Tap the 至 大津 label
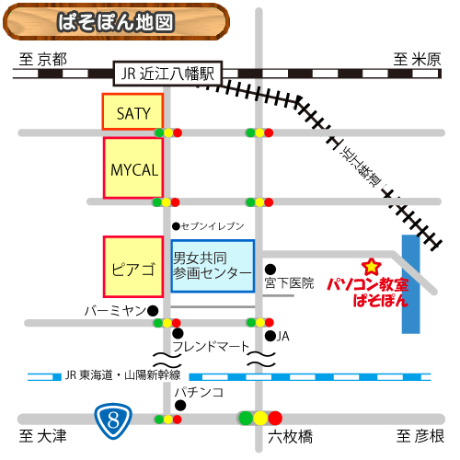point(43,435)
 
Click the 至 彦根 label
point(420,435)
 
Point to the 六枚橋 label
point(290,436)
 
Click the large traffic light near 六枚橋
point(260,419)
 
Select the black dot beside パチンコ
point(181,404)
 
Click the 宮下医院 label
point(289,282)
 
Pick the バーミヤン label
point(114,310)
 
